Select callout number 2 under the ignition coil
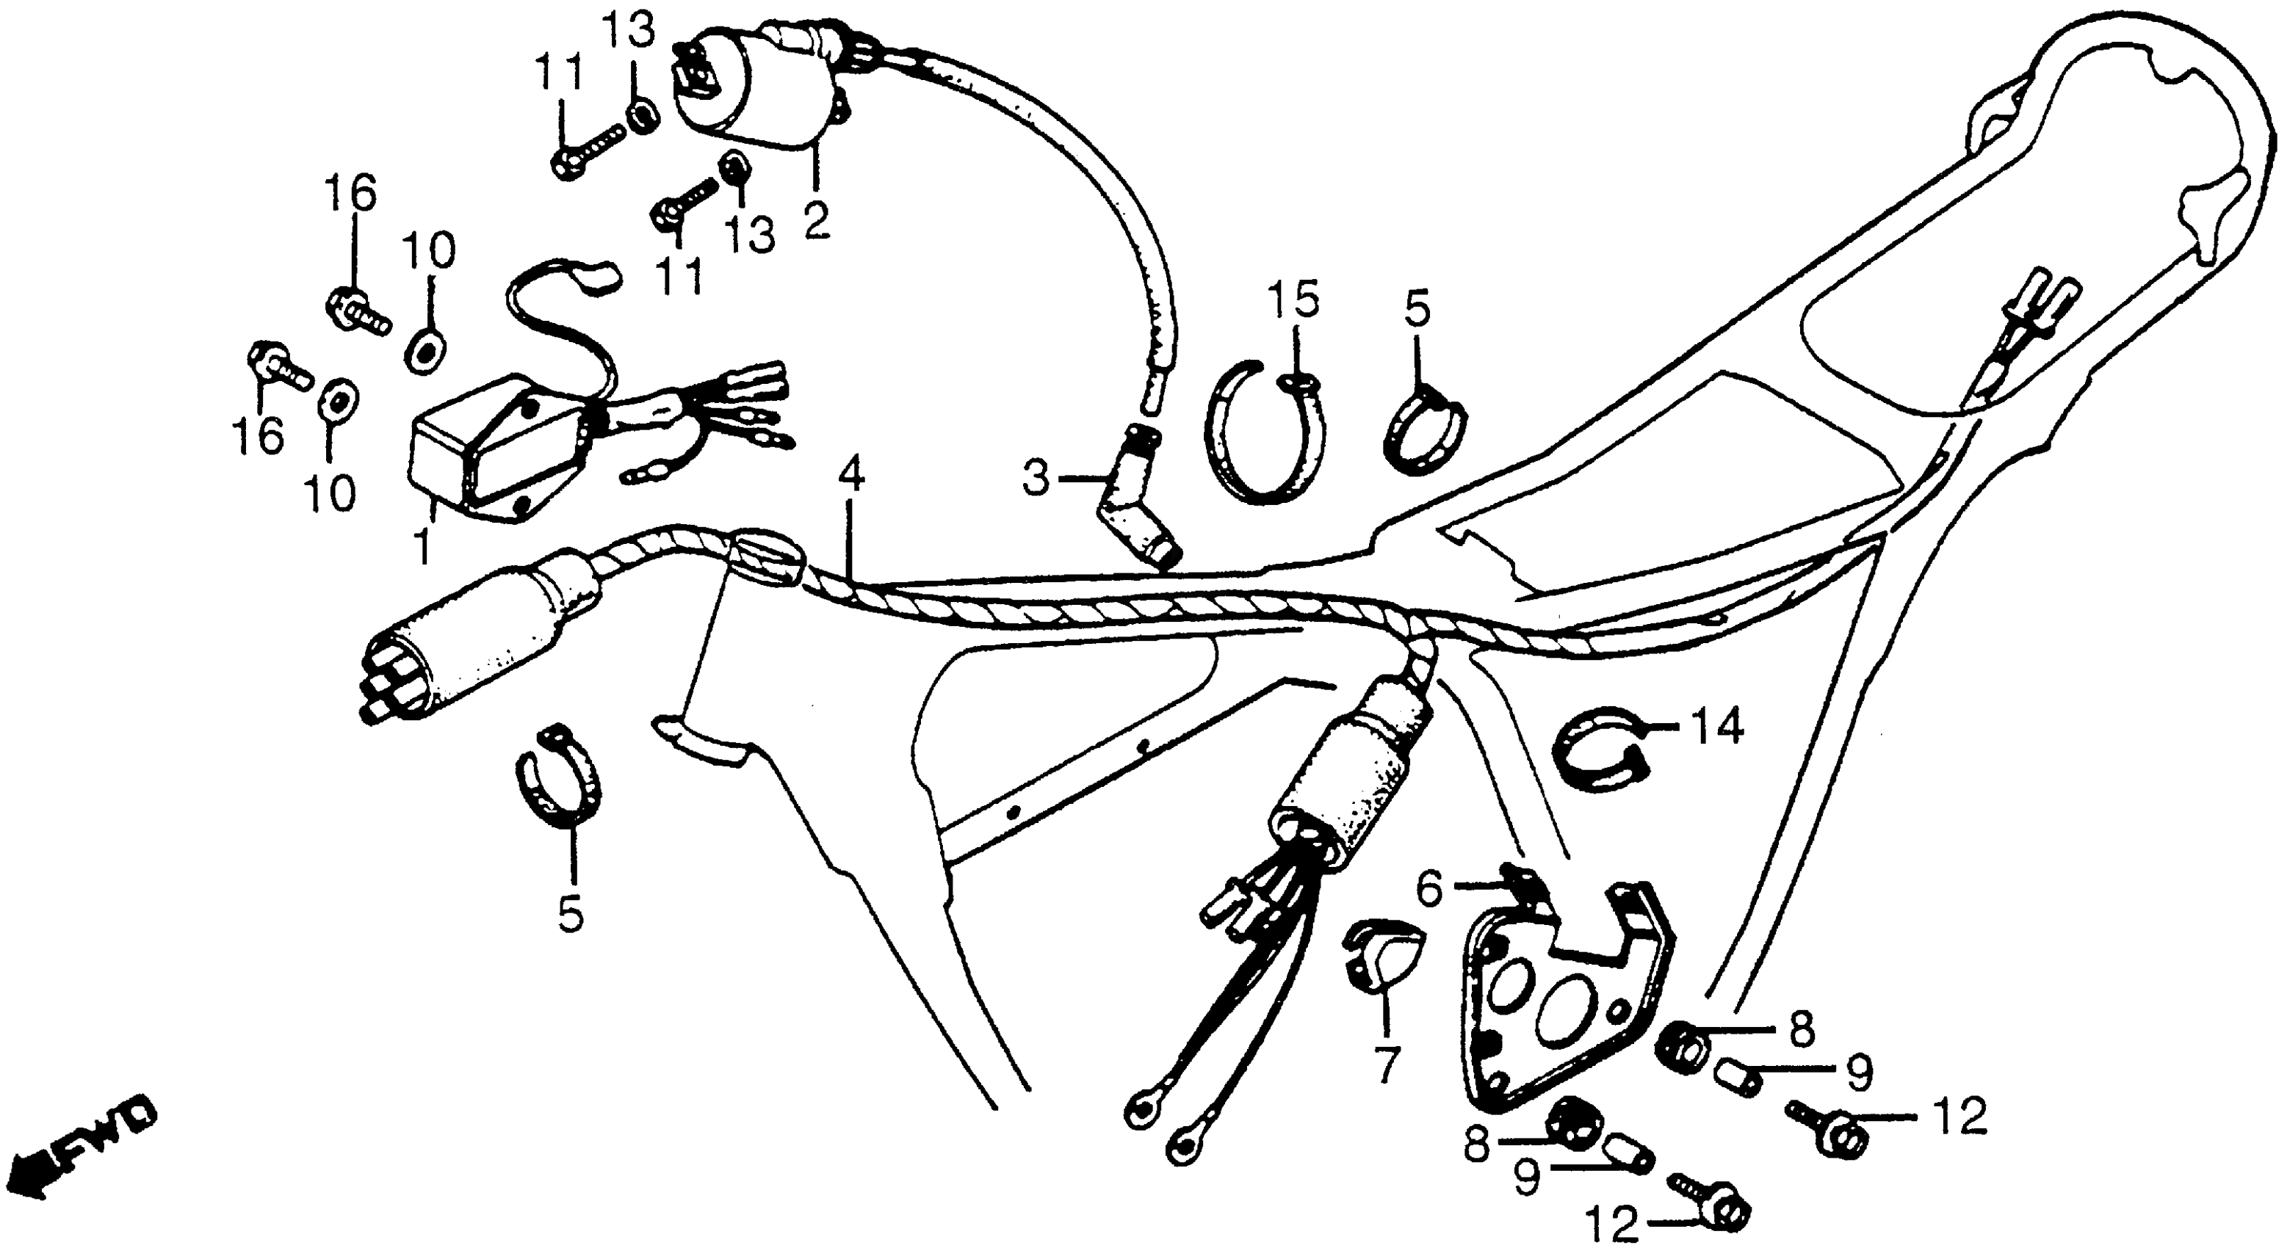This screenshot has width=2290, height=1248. coord(815,219)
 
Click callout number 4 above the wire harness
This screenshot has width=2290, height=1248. coord(850,476)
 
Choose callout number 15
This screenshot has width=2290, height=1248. coord(1293,303)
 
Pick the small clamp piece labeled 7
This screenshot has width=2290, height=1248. coord(1381,957)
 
